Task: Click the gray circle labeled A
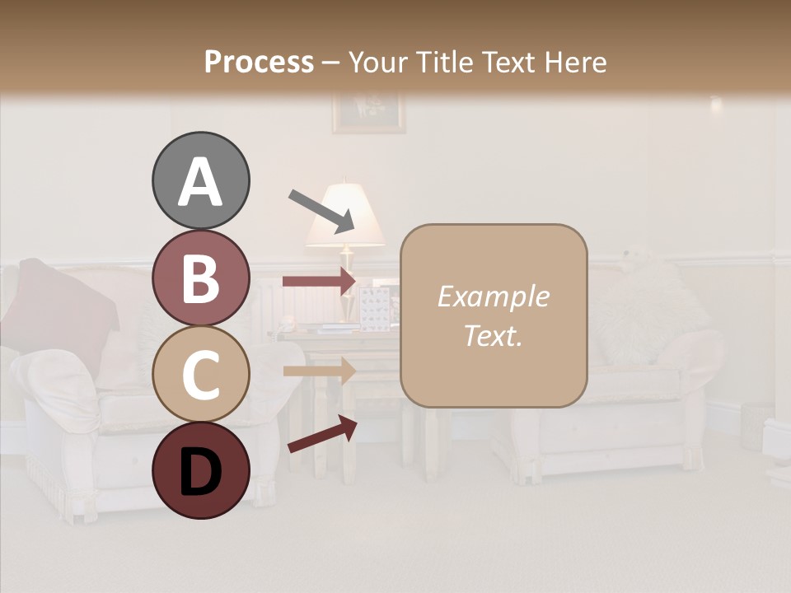point(200,180)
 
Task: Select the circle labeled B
point(200,278)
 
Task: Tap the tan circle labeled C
point(200,374)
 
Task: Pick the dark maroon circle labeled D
point(200,470)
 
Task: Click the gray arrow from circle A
point(321,210)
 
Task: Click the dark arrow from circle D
point(322,434)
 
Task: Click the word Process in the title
point(259,62)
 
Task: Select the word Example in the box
point(493,296)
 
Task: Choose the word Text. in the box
point(493,335)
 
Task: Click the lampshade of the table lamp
point(345,216)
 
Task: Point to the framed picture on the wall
point(368,112)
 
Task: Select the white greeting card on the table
point(375,308)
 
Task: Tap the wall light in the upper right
point(715,105)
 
